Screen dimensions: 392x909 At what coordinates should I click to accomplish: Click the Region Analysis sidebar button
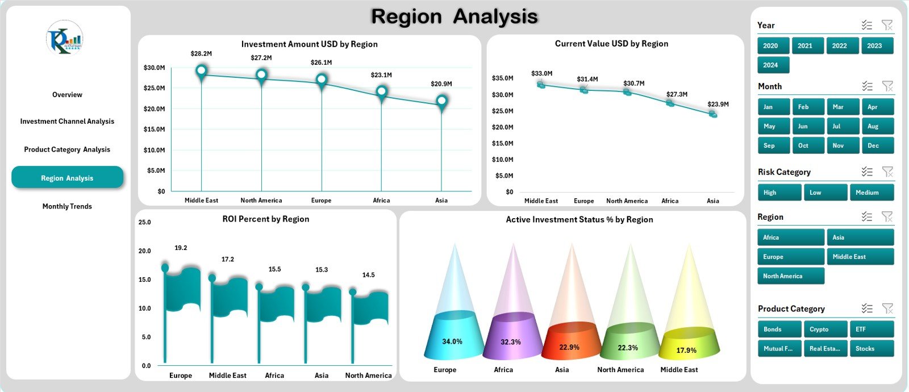67,178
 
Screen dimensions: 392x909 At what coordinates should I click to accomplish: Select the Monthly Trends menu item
67,206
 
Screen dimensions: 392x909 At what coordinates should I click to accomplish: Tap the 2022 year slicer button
839,45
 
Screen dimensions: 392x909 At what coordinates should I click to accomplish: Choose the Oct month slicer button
803,145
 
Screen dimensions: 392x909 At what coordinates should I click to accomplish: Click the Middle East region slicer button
860,257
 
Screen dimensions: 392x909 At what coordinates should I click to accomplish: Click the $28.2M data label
201,53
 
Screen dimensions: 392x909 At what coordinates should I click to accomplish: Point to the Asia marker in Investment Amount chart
441,102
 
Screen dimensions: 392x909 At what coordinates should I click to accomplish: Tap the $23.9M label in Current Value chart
718,104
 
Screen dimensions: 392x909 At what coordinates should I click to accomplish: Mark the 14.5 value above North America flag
368,275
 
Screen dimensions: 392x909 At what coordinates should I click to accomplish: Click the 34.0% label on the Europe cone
452,341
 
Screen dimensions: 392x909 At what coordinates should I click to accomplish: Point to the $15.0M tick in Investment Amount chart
155,129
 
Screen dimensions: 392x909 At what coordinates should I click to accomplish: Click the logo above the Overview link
65,38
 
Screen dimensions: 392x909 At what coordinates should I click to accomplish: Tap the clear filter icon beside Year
887,25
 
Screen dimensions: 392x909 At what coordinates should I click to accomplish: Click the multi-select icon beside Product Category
866,308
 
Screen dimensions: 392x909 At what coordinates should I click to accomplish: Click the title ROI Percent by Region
265,219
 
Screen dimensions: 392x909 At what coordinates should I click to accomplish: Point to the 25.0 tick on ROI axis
144,222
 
